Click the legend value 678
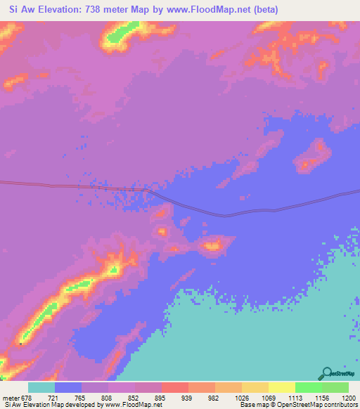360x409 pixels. click(x=24, y=398)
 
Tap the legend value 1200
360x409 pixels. click(x=349, y=398)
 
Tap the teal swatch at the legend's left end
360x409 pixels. click(x=41, y=387)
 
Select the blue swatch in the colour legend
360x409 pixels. click(x=68, y=387)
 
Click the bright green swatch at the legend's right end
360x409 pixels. click(x=335, y=387)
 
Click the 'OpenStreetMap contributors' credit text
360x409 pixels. click(x=318, y=405)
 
